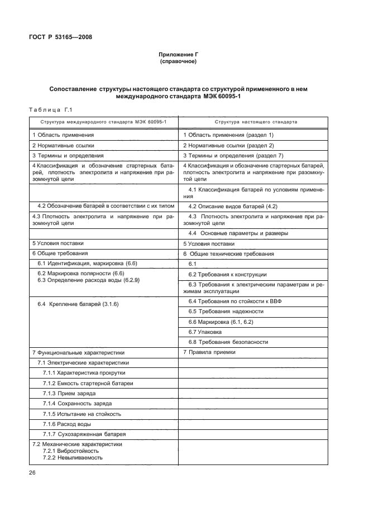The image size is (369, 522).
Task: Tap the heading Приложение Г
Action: click(179, 54)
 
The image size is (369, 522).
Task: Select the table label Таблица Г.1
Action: click(50, 109)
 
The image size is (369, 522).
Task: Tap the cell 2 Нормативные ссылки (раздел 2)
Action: click(225, 145)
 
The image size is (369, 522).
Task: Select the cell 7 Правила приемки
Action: click(209, 352)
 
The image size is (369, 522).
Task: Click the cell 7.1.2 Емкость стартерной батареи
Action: click(88, 383)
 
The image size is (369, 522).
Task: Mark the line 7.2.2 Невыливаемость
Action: click(73, 457)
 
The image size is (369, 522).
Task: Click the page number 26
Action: click(32, 473)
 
